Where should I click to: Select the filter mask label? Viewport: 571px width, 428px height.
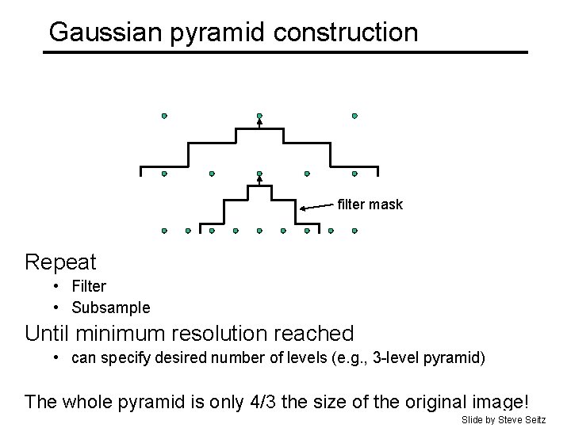point(370,204)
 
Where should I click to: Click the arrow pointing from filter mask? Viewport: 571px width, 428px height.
point(317,207)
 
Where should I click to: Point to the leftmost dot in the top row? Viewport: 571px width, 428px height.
point(164,116)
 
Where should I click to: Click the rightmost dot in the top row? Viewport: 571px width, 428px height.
point(354,116)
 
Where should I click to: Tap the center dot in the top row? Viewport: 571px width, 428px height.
point(259,116)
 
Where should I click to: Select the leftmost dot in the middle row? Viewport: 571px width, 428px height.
point(164,174)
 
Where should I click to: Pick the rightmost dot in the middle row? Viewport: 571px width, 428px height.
point(354,174)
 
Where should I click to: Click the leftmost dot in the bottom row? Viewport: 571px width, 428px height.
point(164,231)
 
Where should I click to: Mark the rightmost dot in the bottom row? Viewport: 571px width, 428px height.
point(354,231)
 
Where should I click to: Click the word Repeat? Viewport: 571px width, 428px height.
point(60,262)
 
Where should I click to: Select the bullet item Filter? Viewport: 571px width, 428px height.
point(89,286)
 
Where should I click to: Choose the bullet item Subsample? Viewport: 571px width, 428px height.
point(110,308)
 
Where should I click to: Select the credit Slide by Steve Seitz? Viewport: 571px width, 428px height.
point(504,418)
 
